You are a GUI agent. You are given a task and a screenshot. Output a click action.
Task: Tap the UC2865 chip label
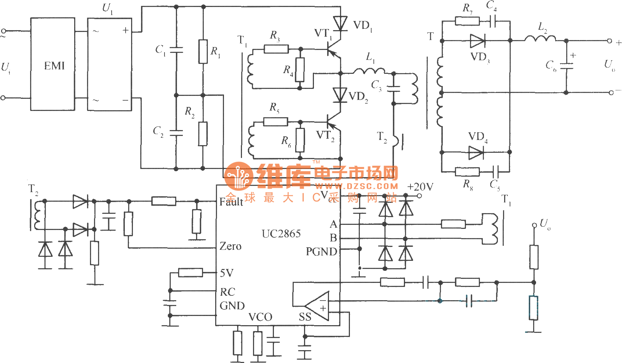[281, 234]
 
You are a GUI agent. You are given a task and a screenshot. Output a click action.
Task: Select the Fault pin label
[231, 201]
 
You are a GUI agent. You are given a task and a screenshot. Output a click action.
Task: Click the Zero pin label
[230, 246]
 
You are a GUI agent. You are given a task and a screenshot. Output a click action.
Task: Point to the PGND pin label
[321, 252]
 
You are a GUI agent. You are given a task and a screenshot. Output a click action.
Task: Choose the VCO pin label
[260, 317]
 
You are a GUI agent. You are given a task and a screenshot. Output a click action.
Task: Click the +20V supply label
[420, 187]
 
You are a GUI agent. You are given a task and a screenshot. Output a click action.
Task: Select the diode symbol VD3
[477, 41]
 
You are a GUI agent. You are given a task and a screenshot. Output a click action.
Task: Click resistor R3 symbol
[276, 49]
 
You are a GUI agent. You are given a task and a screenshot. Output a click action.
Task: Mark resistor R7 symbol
[467, 21]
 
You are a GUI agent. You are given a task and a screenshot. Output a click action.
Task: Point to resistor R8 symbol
[467, 172]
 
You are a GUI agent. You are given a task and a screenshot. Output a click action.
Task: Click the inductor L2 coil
[540, 38]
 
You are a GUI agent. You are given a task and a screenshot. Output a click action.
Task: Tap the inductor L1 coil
[369, 71]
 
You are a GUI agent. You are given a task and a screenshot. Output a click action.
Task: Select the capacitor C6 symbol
[567, 66]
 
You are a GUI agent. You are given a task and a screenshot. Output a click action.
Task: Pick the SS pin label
[305, 317]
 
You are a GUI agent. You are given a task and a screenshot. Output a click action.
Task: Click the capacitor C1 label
[160, 50]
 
